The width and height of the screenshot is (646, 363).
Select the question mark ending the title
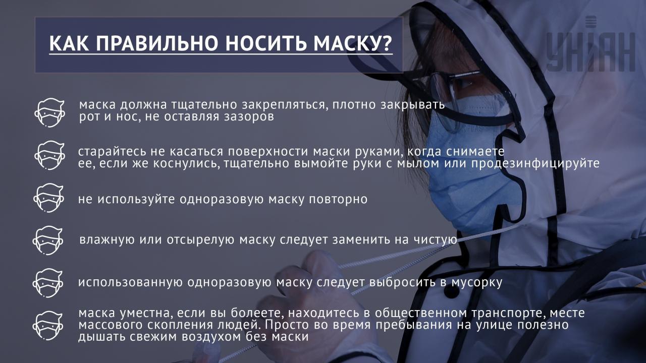[x=386, y=43]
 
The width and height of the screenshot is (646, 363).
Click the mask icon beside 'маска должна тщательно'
[x=49, y=112]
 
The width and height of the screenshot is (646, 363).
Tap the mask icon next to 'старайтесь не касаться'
[x=49, y=155]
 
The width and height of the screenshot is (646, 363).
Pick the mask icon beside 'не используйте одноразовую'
[x=48, y=198]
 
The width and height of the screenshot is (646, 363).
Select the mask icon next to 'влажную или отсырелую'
[x=48, y=240]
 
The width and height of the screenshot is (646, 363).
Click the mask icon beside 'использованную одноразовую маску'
[x=48, y=283]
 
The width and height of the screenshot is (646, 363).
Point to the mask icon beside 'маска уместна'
[x=48, y=326]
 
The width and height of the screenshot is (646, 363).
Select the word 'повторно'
[x=338, y=199]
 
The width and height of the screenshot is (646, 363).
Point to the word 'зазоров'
[x=248, y=117]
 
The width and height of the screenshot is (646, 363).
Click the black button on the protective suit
[x=451, y=291]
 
